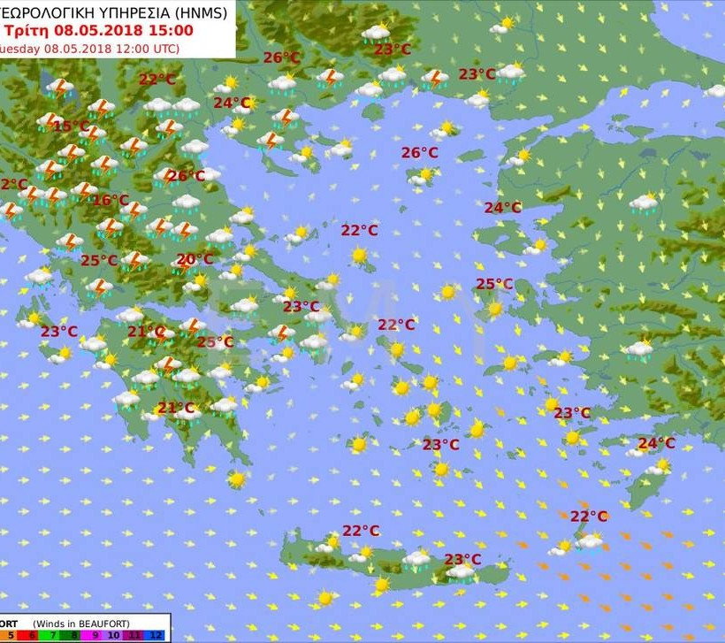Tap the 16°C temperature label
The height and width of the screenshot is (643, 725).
111,201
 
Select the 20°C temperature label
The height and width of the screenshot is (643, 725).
195,260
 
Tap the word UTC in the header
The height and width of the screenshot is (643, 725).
161,48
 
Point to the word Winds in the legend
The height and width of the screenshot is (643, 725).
51,623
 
